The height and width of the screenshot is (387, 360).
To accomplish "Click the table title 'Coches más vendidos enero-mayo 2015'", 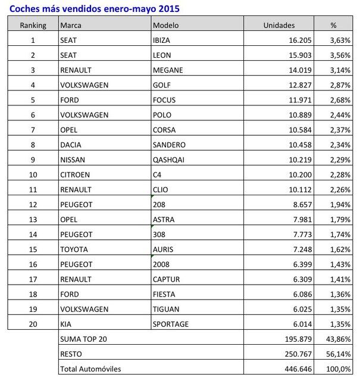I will [x=94, y=8].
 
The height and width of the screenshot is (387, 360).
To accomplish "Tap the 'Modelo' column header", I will [x=167, y=25].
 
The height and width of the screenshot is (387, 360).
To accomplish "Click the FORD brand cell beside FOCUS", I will [x=70, y=99].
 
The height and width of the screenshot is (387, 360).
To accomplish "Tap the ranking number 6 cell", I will [x=33, y=114].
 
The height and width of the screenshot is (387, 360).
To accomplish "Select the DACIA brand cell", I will [x=71, y=145].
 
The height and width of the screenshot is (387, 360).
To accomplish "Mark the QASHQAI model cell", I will [x=170, y=160].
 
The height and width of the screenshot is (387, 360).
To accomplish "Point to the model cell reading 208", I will [x=159, y=204].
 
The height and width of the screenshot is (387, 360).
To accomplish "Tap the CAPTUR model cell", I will [x=167, y=279].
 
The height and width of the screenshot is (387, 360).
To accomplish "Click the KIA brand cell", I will [x=66, y=324].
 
